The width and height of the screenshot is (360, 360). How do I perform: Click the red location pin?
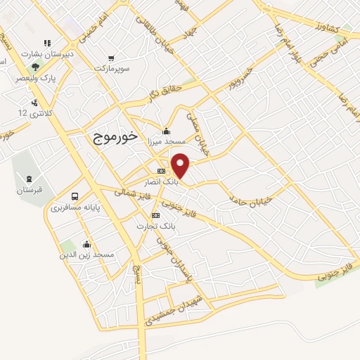(181, 165)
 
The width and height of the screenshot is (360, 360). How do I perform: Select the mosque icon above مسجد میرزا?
(166, 130)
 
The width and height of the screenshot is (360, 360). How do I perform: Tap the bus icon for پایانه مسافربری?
(75, 196)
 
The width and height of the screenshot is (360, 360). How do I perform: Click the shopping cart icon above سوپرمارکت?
(111, 59)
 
